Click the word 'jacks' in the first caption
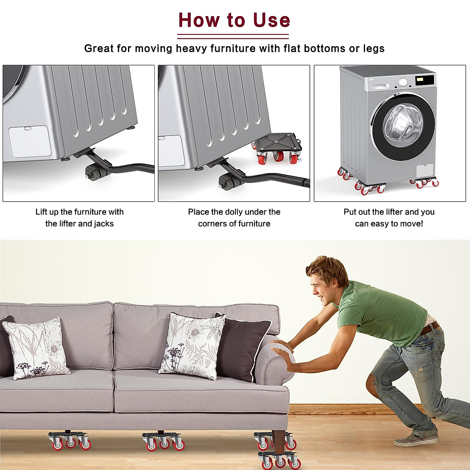coord(103,224)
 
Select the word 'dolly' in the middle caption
coord(233,212)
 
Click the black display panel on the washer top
coord(425,80)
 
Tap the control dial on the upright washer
coord(403,82)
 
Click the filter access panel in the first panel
coord(30,141)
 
